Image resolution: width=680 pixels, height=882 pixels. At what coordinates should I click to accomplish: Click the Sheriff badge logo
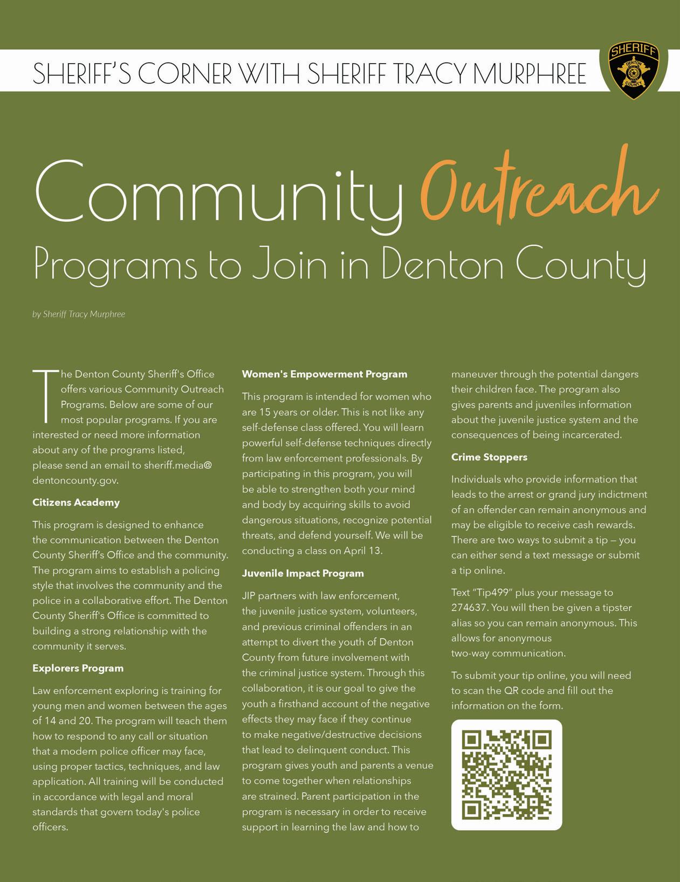tap(634, 71)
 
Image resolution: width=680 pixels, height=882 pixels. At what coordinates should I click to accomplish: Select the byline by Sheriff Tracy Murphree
tap(79, 314)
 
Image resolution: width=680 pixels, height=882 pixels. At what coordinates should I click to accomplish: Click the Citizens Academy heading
tap(76, 502)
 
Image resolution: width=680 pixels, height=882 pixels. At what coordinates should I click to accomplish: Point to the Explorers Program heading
tap(78, 669)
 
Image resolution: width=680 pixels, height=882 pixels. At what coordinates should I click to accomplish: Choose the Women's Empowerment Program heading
tap(325, 374)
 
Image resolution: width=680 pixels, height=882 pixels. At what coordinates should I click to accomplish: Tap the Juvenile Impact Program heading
tap(303, 574)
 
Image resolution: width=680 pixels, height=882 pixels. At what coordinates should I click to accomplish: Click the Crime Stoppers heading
tap(489, 457)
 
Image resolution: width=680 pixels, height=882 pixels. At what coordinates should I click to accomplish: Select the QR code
tap(506, 775)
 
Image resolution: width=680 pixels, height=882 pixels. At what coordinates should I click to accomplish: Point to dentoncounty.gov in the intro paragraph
tap(75, 480)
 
